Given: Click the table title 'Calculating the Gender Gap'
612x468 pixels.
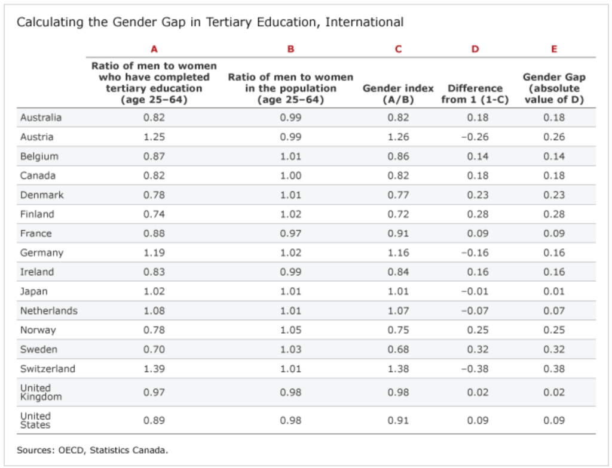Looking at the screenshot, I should click(x=209, y=23).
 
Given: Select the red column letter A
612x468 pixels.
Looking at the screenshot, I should click(x=154, y=49).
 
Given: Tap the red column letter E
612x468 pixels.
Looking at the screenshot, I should click(x=554, y=49).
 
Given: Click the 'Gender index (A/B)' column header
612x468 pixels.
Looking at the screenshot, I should click(x=398, y=94).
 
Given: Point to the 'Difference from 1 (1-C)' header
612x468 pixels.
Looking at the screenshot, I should click(x=475, y=94).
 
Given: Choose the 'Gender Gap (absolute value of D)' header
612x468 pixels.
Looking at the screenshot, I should click(x=554, y=88).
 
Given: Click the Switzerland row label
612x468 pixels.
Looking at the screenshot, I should click(x=48, y=368).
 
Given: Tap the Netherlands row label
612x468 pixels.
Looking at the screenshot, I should click(x=49, y=310).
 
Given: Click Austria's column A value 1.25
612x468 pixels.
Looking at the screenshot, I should click(x=154, y=137).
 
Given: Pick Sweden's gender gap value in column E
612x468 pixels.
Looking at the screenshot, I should click(x=554, y=349).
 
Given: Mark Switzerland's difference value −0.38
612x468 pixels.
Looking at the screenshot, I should click(x=475, y=368).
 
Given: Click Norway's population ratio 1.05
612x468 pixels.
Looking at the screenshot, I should click(x=290, y=330).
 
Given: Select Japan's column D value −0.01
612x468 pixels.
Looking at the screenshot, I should click(x=475, y=291).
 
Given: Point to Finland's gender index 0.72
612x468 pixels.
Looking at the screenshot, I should click(x=398, y=214).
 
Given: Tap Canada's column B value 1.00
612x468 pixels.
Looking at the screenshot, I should click(x=290, y=176).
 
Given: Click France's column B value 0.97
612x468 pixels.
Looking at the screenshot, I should click(x=290, y=233).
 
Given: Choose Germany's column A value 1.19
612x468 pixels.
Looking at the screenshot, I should click(x=154, y=253).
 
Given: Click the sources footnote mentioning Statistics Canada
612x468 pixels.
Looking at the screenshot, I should click(x=93, y=449).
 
